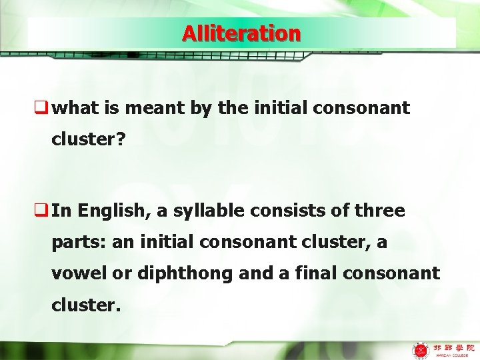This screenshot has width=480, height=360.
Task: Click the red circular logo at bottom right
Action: (421, 349)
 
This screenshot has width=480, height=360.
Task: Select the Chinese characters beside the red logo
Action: (453, 347)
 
